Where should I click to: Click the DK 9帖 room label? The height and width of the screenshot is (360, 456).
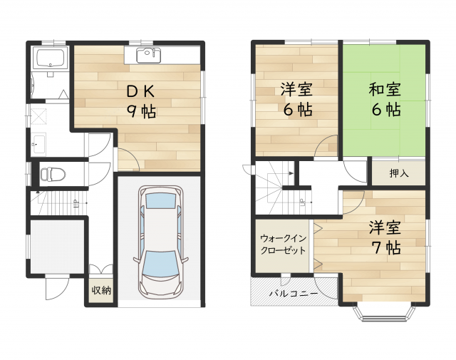coord(141,102)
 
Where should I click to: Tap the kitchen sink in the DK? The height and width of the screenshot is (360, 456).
coord(149,55)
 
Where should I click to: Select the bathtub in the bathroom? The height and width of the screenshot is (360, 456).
coord(50,58)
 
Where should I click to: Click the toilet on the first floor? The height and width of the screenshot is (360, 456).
coord(53,175)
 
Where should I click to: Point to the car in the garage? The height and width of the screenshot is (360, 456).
coord(161,242)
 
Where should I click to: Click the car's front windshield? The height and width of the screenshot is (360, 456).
coord(160,263)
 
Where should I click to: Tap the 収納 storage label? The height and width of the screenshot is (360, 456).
coord(101,290)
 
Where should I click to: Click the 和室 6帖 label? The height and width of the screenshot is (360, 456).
coord(385,99)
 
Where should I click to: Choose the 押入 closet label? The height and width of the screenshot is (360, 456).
coord(399,173)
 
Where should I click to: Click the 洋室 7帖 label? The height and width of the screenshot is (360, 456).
coord(385,237)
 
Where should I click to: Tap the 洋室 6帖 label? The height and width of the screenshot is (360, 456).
coord(296,99)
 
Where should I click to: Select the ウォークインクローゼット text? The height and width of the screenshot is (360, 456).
coord(283,245)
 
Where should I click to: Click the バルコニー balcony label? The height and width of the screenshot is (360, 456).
coord(294,294)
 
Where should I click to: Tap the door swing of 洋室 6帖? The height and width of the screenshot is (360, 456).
coord(326,146)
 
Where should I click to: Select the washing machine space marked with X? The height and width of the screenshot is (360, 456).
coord(38,116)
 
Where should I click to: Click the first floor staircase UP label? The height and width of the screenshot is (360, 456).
coord(76,202)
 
